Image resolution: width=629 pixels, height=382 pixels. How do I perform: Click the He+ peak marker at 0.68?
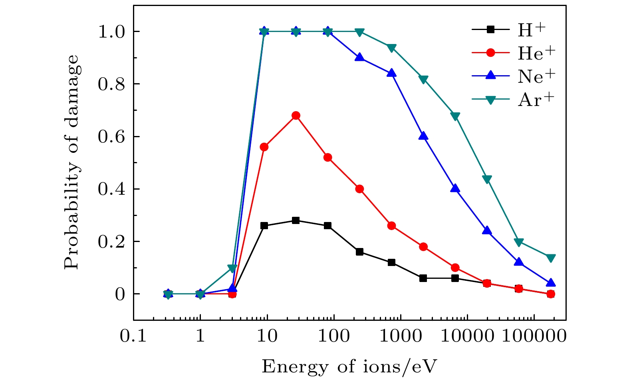pyautogui.click(x=296, y=116)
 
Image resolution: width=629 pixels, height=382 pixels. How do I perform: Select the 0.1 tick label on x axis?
pyautogui.click(x=133, y=337)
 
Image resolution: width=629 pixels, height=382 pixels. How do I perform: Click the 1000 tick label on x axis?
pyautogui.click(x=400, y=337)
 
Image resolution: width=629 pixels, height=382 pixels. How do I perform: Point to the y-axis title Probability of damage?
pyautogui.click(x=72, y=162)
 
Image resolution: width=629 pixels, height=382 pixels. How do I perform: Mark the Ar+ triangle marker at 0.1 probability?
pyautogui.click(x=232, y=268)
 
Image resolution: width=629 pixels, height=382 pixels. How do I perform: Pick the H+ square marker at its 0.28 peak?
pyautogui.click(x=296, y=220)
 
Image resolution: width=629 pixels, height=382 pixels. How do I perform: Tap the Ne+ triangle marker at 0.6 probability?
pyautogui.click(x=423, y=136)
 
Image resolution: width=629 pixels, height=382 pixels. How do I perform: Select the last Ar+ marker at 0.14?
pyautogui.click(x=551, y=258)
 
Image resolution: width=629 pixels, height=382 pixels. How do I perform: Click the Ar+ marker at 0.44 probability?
pyautogui.click(x=487, y=179)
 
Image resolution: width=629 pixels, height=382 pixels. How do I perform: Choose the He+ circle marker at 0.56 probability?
pyautogui.click(x=264, y=147)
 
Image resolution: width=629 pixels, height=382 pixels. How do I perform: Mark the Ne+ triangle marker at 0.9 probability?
pyautogui.click(x=359, y=57)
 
